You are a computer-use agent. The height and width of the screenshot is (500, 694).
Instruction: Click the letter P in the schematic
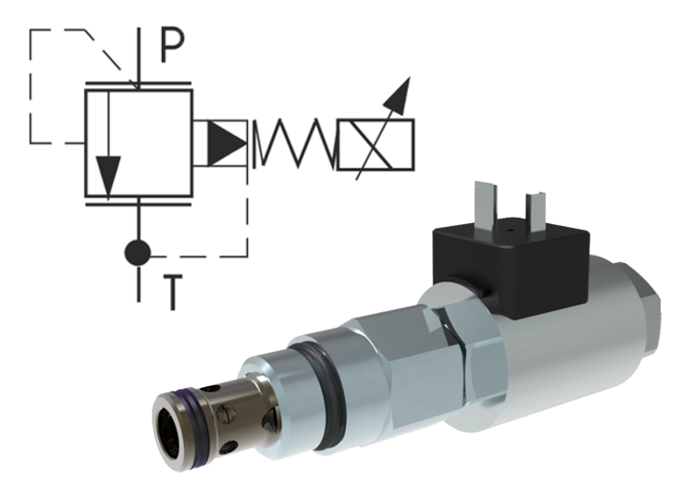(172, 45)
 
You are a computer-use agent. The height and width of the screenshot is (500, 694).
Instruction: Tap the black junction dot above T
(138, 252)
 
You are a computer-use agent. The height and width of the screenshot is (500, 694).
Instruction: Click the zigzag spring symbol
(293, 144)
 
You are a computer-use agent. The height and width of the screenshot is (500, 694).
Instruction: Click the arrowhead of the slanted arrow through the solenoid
(401, 91)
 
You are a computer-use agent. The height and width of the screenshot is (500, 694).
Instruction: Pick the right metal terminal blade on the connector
(535, 208)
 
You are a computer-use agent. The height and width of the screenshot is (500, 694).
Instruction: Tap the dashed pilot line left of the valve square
(32, 93)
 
